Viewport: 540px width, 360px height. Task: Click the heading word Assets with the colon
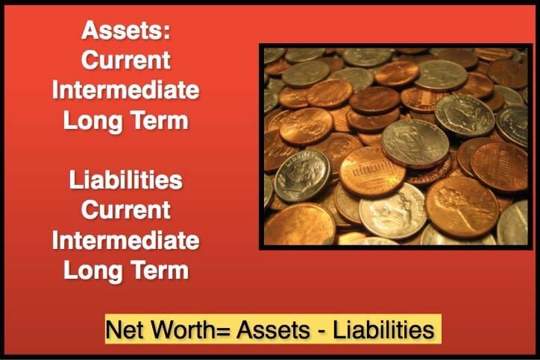(x=126, y=30)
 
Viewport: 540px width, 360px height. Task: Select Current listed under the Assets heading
(x=126, y=60)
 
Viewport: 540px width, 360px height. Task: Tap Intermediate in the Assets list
(x=126, y=90)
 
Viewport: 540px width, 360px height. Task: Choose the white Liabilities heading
(x=126, y=180)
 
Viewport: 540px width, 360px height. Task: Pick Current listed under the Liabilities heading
(x=126, y=210)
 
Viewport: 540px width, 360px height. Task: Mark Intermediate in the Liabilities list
(x=126, y=240)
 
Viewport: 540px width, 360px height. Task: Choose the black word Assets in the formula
(x=273, y=329)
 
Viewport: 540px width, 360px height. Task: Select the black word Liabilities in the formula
(x=383, y=329)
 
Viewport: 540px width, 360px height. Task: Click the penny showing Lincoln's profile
(x=462, y=206)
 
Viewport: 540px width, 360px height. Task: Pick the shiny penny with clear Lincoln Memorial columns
(x=372, y=171)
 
